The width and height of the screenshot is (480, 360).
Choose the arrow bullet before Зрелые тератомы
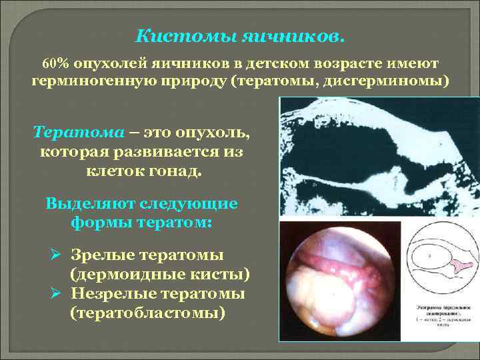(56, 256)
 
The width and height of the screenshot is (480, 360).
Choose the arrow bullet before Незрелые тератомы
(56, 294)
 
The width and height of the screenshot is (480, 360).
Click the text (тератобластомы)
(147, 313)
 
